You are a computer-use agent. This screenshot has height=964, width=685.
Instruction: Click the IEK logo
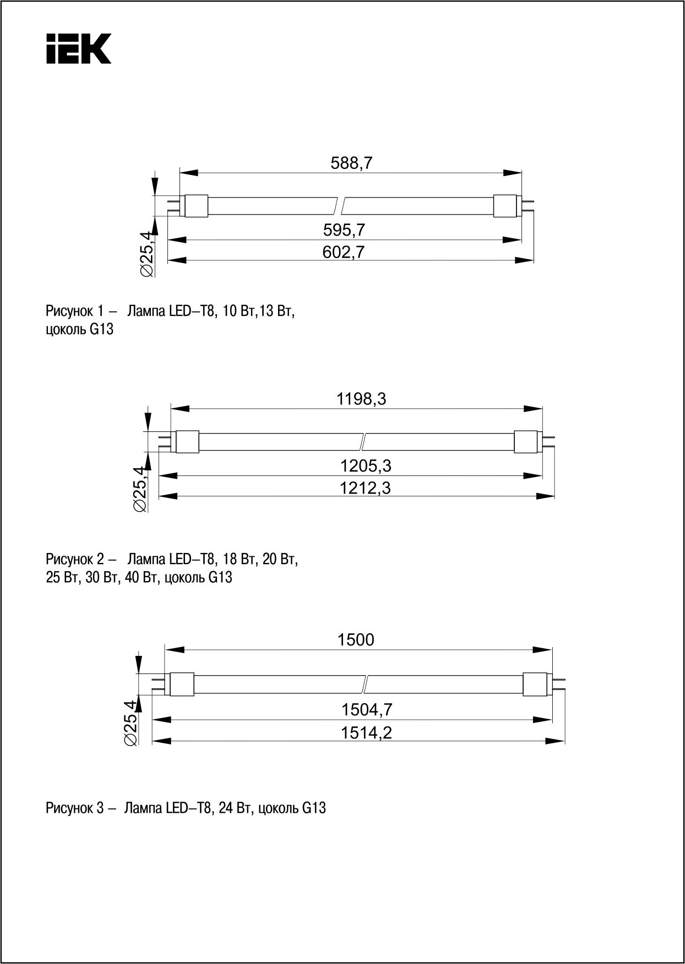pyautogui.click(x=79, y=49)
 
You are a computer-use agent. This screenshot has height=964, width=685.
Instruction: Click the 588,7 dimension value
pyautogui.click(x=352, y=163)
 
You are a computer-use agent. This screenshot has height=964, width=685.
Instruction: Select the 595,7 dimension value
pyautogui.click(x=344, y=230)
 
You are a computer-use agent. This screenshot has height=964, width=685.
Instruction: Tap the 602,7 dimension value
pyautogui.click(x=344, y=252)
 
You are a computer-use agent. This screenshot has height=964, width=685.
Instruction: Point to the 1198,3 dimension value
pyautogui.click(x=361, y=399)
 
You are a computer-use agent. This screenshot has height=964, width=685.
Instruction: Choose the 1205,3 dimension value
pyautogui.click(x=366, y=466)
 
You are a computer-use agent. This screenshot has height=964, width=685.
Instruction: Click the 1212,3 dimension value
pyautogui.click(x=366, y=488)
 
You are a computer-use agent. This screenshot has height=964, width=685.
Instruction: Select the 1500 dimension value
pyautogui.click(x=356, y=639)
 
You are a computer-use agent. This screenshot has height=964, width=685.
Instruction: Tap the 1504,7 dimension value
pyautogui.click(x=367, y=710)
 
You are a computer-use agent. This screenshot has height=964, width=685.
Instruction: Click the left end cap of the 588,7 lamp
pyautogui.click(x=195, y=206)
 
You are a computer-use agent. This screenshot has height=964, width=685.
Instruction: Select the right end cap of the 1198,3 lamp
pyautogui.click(x=525, y=442)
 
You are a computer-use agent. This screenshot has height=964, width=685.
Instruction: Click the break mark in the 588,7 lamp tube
pyautogui.click(x=340, y=206)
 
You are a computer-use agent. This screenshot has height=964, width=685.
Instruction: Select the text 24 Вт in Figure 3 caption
pyautogui.click(x=236, y=808)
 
